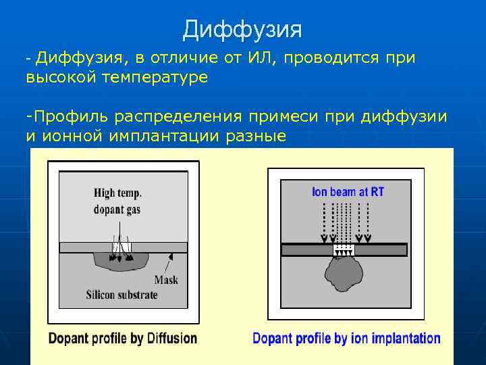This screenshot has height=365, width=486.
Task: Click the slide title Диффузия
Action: (x=242, y=29)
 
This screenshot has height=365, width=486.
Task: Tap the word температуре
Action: (x=155, y=78)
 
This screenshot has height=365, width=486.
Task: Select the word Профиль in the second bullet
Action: (x=68, y=118)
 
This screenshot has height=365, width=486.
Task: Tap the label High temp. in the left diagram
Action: (x=117, y=193)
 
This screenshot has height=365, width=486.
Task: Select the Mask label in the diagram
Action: (x=166, y=279)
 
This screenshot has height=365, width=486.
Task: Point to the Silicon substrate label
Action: (x=122, y=295)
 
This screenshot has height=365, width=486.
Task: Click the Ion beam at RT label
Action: (x=348, y=192)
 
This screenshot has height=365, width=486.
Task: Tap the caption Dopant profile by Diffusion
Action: (x=123, y=338)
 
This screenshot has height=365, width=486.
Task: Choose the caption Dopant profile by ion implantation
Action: (x=346, y=338)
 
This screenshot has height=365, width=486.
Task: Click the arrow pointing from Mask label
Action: (x=171, y=260)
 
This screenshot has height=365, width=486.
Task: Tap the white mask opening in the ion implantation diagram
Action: (x=344, y=249)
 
